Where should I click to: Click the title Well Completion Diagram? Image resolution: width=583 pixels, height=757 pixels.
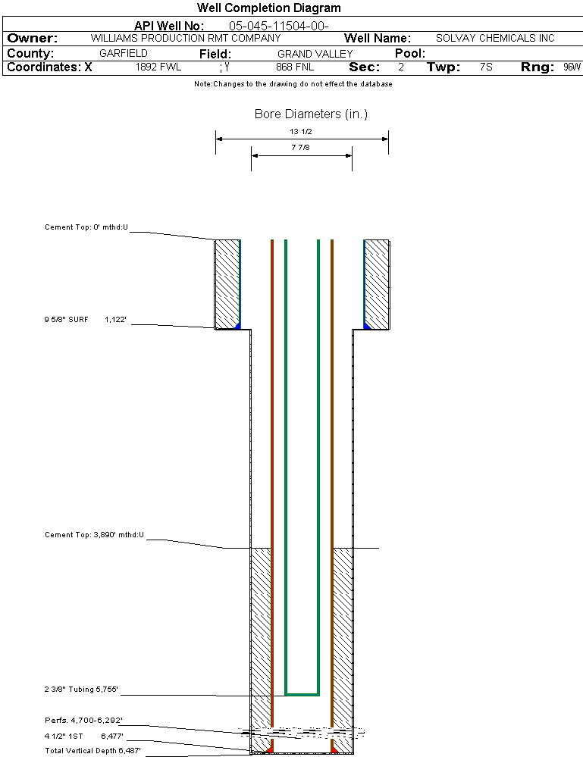coord(268,8)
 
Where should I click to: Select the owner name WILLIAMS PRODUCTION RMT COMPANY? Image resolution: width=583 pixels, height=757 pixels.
coord(185,38)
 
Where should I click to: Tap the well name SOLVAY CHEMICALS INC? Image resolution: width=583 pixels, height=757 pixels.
coord(495,38)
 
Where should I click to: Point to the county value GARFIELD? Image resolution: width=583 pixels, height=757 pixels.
coord(124,54)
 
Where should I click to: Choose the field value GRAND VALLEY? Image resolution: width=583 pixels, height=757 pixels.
coord(315,54)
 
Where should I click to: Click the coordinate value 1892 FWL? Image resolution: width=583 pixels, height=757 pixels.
coord(158,67)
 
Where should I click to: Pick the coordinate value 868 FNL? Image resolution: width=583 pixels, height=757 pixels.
coord(295,67)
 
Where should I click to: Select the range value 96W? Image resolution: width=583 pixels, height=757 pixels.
coord(572,67)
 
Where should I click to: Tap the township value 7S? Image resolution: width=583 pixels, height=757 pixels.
coord(486,67)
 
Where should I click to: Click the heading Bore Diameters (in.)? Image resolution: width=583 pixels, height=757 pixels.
coord(311,114)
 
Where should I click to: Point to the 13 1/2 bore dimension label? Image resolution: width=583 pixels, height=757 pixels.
coord(302,131)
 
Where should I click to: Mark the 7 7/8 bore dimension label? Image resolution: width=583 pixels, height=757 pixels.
coord(302,149)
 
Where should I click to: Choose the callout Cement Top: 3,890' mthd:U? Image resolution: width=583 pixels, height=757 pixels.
coord(94,535)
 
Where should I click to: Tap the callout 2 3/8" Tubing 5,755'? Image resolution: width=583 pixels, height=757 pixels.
coord(81,690)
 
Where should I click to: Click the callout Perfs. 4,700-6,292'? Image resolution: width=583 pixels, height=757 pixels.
coord(83,720)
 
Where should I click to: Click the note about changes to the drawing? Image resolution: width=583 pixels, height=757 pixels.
coord(293,84)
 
